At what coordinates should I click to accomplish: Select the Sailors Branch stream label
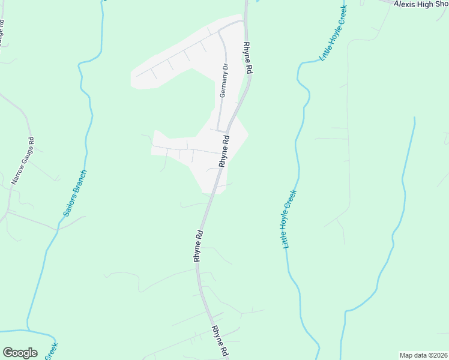[x=75, y=193]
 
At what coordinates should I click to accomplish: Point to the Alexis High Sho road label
[x=421, y=4]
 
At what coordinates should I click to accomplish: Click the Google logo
[x=20, y=353]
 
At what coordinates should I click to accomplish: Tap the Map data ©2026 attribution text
[x=423, y=355]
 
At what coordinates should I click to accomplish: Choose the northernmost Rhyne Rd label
[x=247, y=58]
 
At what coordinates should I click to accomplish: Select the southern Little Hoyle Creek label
[x=290, y=220]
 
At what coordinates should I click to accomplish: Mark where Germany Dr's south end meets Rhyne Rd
[x=226, y=132]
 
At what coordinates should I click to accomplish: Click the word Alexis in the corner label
[x=404, y=4]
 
